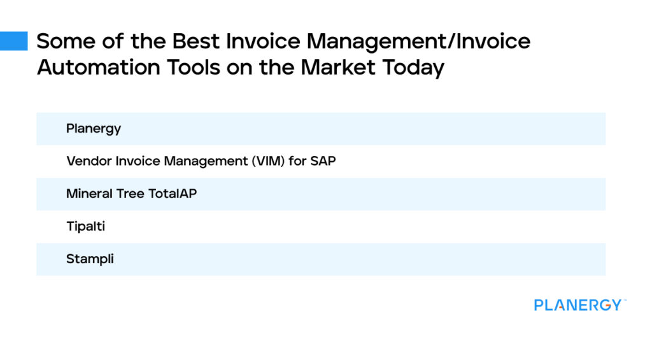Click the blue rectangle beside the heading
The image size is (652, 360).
(x=13, y=41)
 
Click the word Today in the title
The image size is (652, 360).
(x=413, y=67)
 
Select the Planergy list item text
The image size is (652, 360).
(x=94, y=129)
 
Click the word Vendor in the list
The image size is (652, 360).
(x=89, y=161)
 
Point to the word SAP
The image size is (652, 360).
(x=323, y=161)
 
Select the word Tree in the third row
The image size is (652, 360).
(x=131, y=194)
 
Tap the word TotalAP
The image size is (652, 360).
(x=173, y=194)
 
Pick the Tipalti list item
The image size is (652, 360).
(x=85, y=226)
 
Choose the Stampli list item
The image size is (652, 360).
(x=90, y=259)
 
